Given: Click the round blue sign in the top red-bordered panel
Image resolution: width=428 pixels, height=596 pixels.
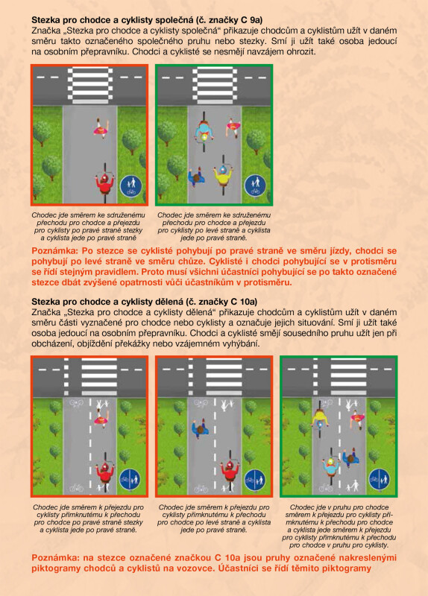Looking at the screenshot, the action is (x=131, y=186).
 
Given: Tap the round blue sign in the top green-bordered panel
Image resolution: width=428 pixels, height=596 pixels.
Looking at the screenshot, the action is (x=255, y=186).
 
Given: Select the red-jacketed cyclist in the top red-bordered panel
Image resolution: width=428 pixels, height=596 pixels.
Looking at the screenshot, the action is (x=104, y=183).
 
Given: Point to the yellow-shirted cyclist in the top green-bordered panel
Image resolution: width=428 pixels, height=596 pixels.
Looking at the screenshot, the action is (x=223, y=174).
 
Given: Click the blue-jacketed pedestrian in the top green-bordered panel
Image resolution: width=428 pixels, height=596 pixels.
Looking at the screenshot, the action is (x=197, y=177).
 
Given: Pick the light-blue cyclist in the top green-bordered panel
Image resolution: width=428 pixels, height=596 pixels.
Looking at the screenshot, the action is (x=204, y=132).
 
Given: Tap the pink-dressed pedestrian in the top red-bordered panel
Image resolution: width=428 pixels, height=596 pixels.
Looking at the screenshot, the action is (x=101, y=128).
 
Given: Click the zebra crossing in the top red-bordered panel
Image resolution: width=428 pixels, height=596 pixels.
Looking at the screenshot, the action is (x=90, y=86).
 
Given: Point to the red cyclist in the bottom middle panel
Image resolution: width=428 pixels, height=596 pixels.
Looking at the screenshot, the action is (x=230, y=472).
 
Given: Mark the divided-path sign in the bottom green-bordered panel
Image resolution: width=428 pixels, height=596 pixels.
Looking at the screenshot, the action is (x=379, y=480).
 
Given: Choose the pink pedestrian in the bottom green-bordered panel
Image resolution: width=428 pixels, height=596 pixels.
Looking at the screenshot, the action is (x=358, y=419).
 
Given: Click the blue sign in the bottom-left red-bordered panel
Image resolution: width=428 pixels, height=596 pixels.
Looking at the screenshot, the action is (x=130, y=480).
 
